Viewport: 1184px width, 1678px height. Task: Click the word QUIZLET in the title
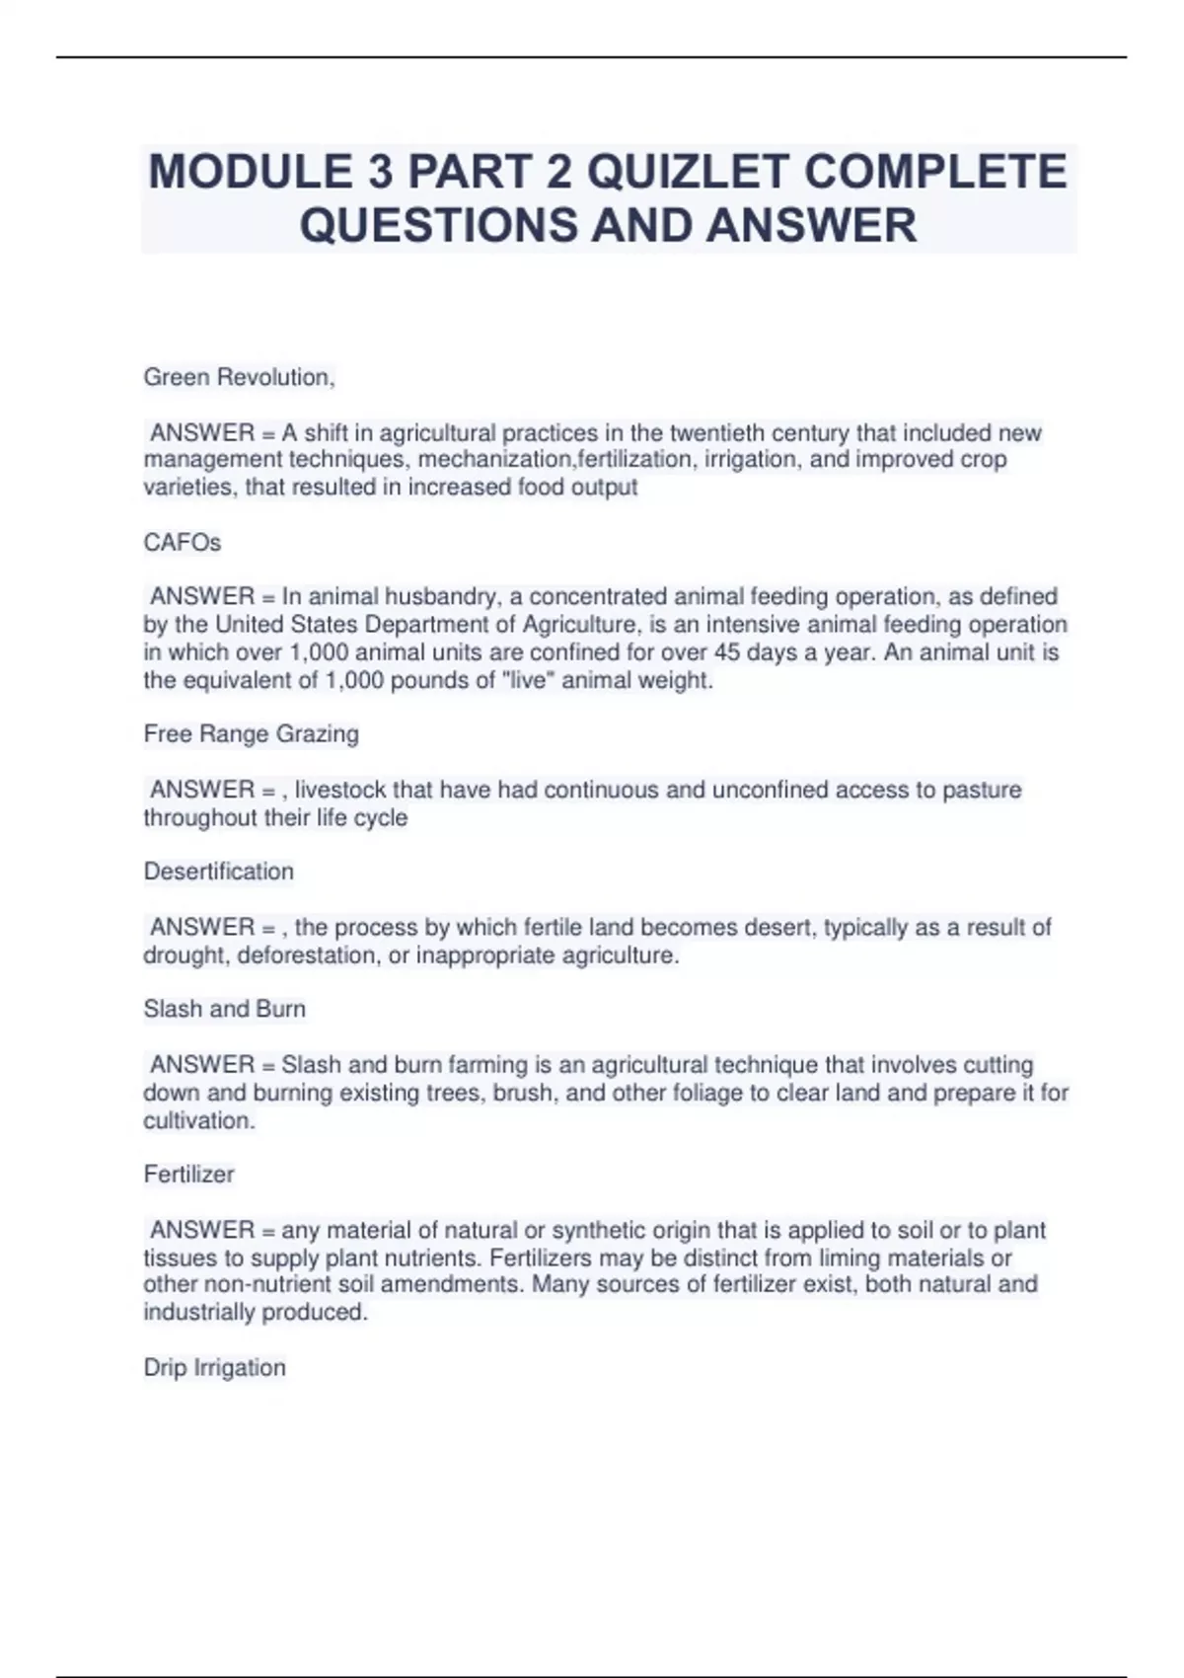tap(688, 172)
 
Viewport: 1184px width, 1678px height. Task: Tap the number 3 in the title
tap(379, 172)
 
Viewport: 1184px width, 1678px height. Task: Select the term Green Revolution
tap(239, 377)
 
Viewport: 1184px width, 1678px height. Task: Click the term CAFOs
tap(183, 543)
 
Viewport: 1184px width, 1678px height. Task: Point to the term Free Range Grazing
tap(251, 733)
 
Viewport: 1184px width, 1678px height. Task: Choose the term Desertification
tap(218, 872)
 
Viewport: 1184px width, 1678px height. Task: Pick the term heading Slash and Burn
tap(224, 1009)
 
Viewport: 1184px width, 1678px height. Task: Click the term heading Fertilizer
tap(188, 1174)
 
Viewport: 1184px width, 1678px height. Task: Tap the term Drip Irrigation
tap(214, 1367)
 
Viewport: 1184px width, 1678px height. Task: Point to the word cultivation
tap(197, 1120)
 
